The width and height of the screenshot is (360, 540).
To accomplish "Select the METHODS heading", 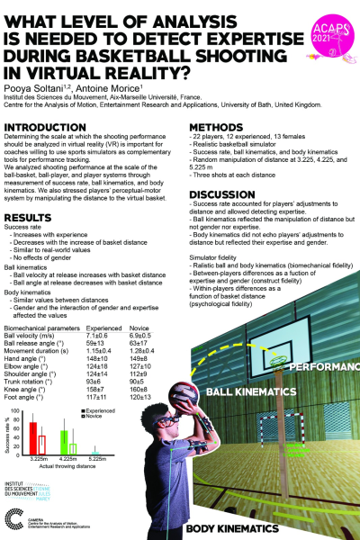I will (214, 128).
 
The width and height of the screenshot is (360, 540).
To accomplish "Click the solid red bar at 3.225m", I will (33, 440).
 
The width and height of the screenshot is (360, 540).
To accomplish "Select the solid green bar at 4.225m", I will (64, 445).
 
